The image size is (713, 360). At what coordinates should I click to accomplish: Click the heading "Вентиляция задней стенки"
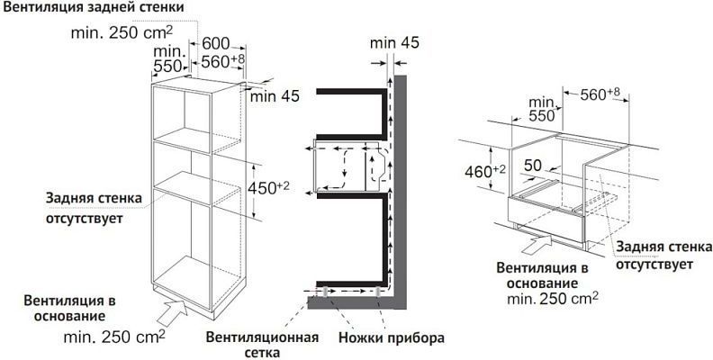point(94,8)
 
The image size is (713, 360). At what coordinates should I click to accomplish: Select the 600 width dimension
point(216,43)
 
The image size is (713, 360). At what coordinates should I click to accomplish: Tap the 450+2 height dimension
point(268,188)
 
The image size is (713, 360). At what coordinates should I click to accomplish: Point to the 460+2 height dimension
point(485,172)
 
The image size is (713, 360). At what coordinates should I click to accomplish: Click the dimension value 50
point(533,166)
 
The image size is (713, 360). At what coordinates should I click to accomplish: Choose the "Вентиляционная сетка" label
point(262,345)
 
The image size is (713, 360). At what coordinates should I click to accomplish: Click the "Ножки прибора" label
point(392,338)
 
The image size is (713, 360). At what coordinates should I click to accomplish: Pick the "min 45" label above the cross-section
point(394,43)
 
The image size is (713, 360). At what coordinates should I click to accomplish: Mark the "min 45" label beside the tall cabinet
point(275,96)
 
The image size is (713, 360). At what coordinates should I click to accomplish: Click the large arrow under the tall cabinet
point(173,312)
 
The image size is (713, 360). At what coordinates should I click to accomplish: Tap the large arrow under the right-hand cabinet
point(537,243)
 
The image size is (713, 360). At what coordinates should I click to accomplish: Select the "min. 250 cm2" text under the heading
point(122,32)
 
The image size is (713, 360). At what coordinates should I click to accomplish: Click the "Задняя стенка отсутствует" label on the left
point(94,208)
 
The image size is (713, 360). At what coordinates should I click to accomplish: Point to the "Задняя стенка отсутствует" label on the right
point(663,256)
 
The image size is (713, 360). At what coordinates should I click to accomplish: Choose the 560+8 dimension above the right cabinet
point(600,94)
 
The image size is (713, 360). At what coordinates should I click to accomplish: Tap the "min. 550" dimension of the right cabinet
point(541,110)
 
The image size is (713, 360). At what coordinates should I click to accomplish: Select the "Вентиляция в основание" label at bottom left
point(69,308)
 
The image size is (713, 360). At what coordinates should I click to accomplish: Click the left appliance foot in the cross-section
point(325,292)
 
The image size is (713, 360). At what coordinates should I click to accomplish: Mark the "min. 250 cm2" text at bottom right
point(553,299)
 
